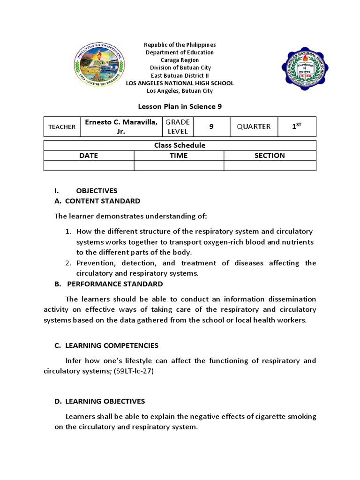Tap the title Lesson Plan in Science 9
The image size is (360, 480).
click(180, 106)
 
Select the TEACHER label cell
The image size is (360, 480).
click(62, 127)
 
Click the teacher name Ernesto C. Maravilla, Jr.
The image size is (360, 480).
click(121, 127)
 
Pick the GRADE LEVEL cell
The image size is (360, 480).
click(178, 127)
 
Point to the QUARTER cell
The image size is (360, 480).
click(254, 127)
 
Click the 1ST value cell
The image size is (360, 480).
click(296, 127)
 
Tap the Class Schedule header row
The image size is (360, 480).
click(180, 145)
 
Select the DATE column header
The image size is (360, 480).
click(89, 156)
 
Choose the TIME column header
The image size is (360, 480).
click(179, 156)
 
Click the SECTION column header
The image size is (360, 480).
click(270, 156)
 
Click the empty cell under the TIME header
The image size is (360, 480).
click(179, 165)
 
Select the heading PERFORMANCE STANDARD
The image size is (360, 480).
click(115, 284)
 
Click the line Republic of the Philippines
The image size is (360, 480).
click(180, 45)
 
